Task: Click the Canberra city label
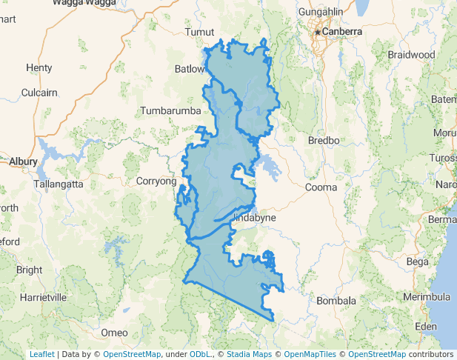[x=342, y=33]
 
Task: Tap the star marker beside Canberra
[x=318, y=33]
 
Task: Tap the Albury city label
[x=23, y=161]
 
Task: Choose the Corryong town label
[x=156, y=181]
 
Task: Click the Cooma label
[x=321, y=187]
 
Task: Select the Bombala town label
[x=336, y=301]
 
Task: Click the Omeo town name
[x=114, y=331]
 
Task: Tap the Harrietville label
[x=44, y=297]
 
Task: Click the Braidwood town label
[x=411, y=55]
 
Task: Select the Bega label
[x=418, y=261]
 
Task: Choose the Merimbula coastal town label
[x=427, y=297]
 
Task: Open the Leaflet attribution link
[x=41, y=354]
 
